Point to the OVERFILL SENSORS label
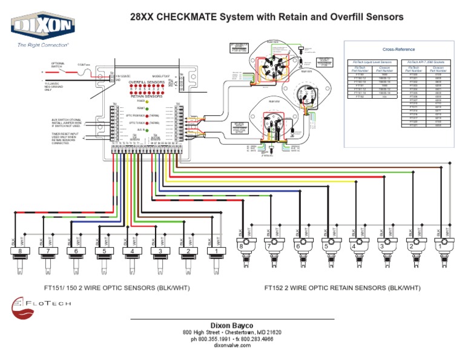[147, 81]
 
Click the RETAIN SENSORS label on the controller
[145, 96]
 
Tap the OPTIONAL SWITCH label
[58, 65]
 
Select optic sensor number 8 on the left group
[21, 251]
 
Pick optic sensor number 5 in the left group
[105, 251]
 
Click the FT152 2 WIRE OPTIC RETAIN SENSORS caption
[342, 288]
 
